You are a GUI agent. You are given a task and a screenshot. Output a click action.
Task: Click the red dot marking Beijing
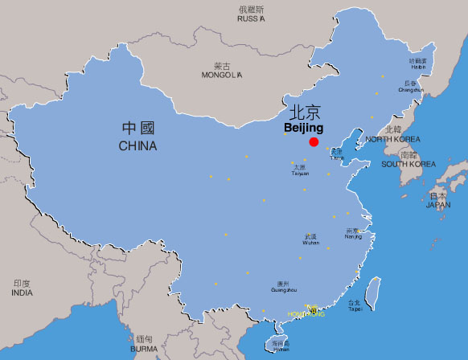click(x=314, y=141)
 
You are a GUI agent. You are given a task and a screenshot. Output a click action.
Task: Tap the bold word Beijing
click(x=304, y=128)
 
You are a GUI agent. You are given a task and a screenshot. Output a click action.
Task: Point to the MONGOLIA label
click(x=221, y=76)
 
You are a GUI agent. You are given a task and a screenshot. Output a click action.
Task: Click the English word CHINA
click(x=138, y=146)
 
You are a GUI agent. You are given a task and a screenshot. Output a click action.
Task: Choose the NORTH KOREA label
click(x=393, y=140)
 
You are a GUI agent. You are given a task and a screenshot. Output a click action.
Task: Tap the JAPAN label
click(x=438, y=205)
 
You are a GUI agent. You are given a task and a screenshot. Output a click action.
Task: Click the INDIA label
click(x=22, y=293)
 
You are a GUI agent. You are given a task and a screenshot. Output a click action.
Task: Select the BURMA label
click(x=144, y=350)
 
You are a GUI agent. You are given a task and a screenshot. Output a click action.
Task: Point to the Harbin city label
click(x=418, y=67)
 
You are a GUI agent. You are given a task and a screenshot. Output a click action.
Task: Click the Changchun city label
click(x=410, y=90)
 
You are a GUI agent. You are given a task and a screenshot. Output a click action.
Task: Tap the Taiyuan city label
click(x=300, y=173)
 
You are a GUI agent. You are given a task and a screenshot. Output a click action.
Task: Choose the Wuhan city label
click(x=310, y=243)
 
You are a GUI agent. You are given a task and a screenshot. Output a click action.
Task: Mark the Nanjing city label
click(x=353, y=237)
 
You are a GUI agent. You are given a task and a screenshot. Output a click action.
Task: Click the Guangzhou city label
click(x=281, y=289)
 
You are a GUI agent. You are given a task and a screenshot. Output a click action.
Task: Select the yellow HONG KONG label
click(x=306, y=314)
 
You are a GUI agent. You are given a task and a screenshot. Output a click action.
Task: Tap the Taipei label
click(x=354, y=309)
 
